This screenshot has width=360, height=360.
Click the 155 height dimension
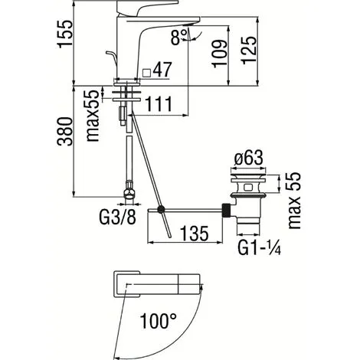point(65,34)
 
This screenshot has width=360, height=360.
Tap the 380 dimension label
point(65,132)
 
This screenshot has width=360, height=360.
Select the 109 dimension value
point(219,54)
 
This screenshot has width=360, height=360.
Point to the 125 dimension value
point(248,50)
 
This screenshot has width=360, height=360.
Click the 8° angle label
point(179,37)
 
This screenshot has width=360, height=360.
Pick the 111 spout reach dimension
point(159,104)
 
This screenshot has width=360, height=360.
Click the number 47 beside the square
point(162,70)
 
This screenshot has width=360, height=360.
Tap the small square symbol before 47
point(146,73)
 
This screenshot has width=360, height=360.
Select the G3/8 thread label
point(117,218)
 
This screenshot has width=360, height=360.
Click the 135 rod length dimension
point(195,234)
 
